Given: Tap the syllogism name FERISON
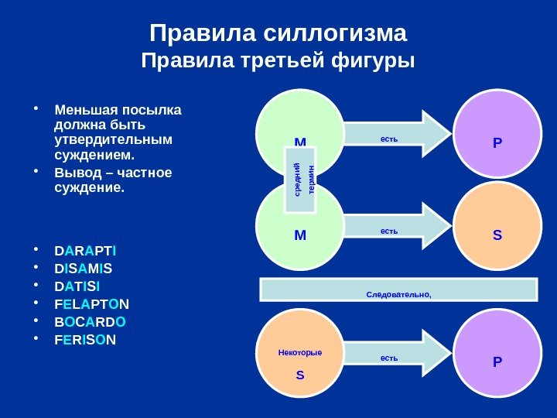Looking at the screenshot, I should [x=87, y=339].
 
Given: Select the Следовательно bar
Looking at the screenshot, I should [x=398, y=290].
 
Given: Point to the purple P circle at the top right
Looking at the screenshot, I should [x=497, y=133].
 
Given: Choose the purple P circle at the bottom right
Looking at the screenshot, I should [x=497, y=355].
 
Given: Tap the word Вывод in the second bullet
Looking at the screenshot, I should [x=75, y=172].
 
